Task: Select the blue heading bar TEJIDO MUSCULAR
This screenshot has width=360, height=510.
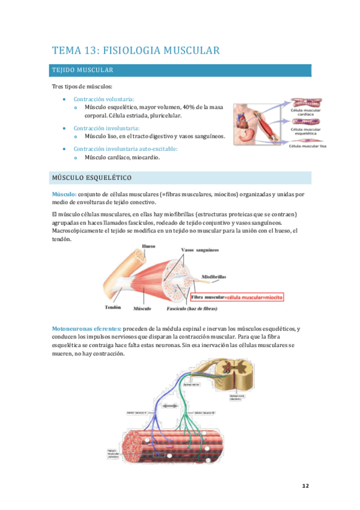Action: point(181,70)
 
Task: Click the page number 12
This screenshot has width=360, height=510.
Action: point(305,487)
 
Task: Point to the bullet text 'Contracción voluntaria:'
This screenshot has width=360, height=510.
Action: point(104,99)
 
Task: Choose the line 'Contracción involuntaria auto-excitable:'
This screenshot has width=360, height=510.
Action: point(126,149)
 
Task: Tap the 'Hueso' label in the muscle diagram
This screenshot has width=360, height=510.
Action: point(148,247)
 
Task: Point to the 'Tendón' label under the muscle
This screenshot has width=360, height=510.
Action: point(113,307)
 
